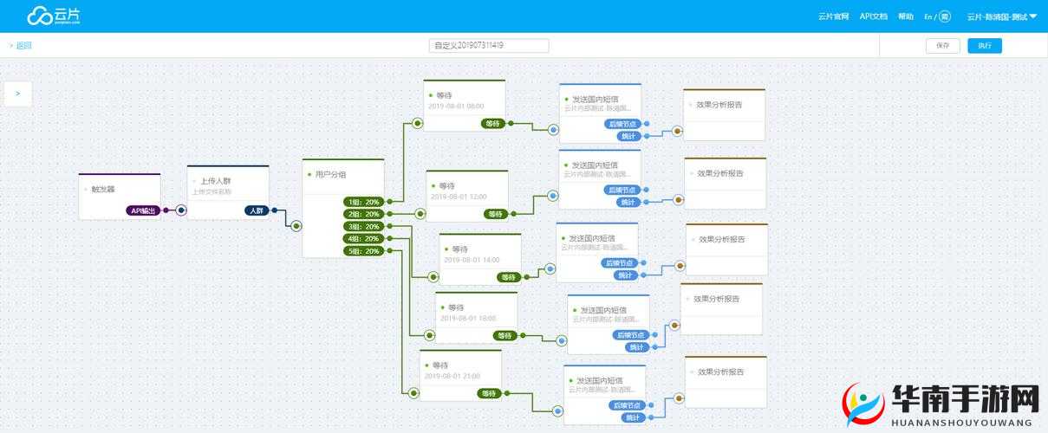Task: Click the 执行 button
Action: point(984,46)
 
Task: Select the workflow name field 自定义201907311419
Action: point(489,46)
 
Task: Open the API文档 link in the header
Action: point(873,16)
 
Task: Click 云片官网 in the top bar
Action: point(833,16)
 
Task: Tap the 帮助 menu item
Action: point(905,16)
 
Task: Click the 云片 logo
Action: point(54,16)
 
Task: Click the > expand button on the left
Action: point(18,94)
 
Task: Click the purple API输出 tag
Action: point(143,210)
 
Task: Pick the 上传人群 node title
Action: point(211,181)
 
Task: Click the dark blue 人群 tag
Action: point(255,210)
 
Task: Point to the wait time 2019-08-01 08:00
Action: point(456,107)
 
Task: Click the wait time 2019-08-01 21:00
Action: point(452,376)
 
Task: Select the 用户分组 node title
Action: point(331,174)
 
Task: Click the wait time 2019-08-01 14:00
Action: point(472,260)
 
